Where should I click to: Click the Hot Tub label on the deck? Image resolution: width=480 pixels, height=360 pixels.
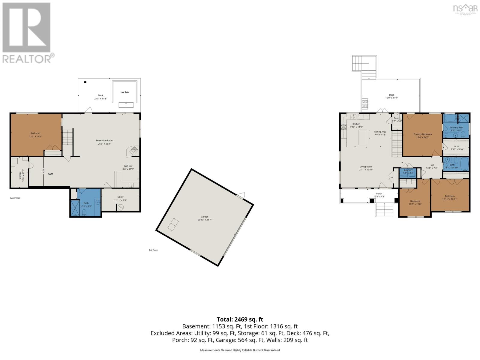tap(124, 92)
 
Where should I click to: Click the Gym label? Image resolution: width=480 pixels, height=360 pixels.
tap(51, 174)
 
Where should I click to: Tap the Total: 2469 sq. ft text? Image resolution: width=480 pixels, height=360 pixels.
tap(240, 319)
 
